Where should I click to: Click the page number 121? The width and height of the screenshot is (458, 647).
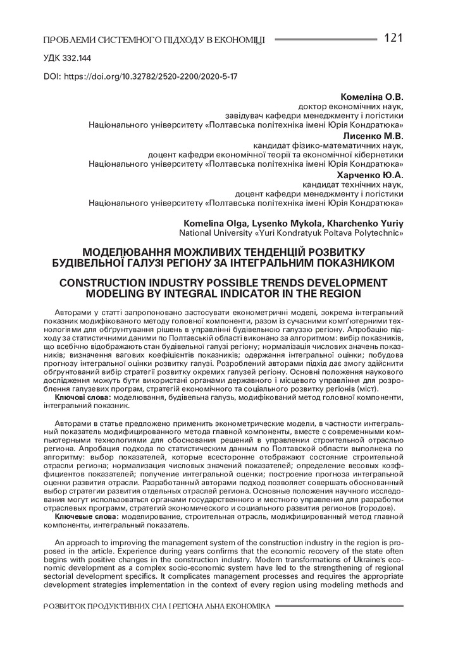click(x=393, y=38)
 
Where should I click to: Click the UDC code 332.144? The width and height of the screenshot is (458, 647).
click(x=67, y=57)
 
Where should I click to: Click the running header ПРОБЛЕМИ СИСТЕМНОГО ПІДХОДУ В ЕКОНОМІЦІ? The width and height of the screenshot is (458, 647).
click(x=154, y=40)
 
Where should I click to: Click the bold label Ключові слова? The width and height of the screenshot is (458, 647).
click(x=83, y=396)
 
